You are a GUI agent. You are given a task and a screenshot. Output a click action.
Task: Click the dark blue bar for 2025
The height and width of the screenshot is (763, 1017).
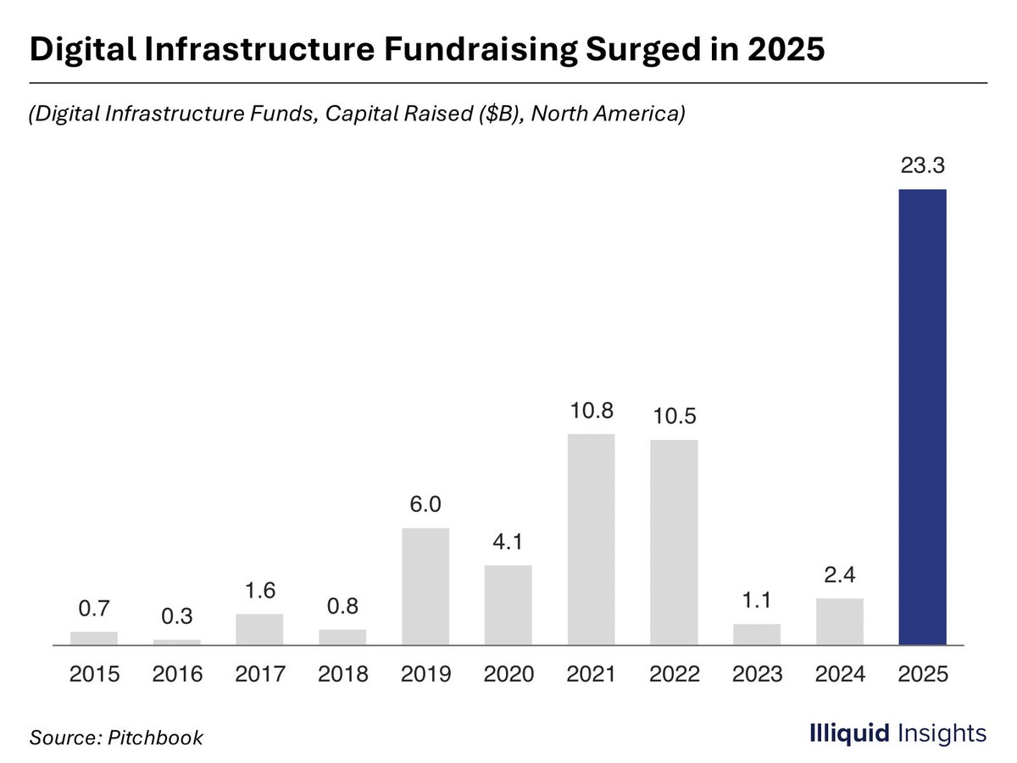pos(922,416)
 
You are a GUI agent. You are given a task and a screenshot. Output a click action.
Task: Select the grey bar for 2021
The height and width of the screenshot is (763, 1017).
pos(592,539)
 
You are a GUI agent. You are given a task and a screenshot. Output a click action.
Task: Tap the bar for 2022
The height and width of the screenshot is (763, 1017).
pos(674,542)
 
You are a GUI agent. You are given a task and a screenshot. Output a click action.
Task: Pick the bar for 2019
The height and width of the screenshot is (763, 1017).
pos(425,586)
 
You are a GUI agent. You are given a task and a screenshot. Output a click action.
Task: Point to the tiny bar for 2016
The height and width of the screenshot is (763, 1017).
pos(177,642)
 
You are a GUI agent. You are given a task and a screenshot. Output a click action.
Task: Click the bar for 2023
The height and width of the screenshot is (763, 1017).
pos(757,634)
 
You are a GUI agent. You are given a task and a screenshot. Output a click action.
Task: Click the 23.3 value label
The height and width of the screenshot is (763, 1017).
pos(922,165)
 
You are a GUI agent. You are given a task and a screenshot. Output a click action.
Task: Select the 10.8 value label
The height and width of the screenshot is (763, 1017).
pos(592,410)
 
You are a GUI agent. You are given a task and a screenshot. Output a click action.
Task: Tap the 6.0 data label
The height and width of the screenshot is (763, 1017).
pos(425,504)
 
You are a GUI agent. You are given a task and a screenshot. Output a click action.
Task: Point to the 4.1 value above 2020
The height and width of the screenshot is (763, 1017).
pos(508,542)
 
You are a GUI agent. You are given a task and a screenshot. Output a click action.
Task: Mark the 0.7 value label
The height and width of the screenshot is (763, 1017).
pos(94,608)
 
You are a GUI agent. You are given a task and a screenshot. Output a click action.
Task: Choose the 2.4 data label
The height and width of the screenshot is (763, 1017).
pos(840,575)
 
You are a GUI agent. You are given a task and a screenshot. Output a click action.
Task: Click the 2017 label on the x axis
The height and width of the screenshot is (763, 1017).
pos(260,674)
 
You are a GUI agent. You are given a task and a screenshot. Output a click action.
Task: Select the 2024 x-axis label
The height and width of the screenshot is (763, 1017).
pos(840,674)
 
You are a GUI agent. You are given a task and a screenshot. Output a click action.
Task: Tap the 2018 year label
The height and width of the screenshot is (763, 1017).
pos(343,674)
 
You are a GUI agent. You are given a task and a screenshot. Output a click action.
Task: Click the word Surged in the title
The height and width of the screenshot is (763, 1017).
pos(643,49)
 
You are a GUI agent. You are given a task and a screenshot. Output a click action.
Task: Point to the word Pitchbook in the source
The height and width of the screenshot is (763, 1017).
pos(155,738)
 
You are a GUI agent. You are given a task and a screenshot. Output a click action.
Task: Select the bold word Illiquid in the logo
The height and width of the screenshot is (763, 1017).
pos(849,733)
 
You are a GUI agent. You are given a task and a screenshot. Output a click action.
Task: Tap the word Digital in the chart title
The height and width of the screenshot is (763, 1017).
pos(83,49)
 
